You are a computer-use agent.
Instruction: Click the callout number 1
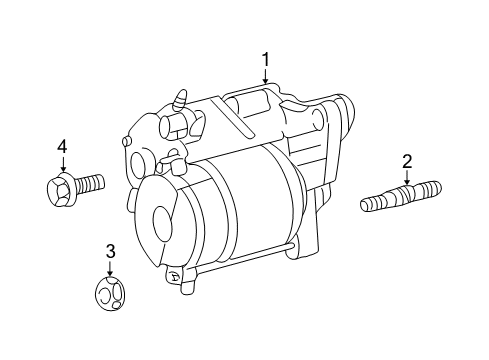[266, 60]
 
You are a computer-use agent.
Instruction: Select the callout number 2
[407, 160]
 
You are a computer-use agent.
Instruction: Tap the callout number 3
[110, 250]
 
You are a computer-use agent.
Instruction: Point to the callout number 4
[62, 147]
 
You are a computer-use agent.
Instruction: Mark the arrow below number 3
[110, 268]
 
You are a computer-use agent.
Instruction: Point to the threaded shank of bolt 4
[90, 183]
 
